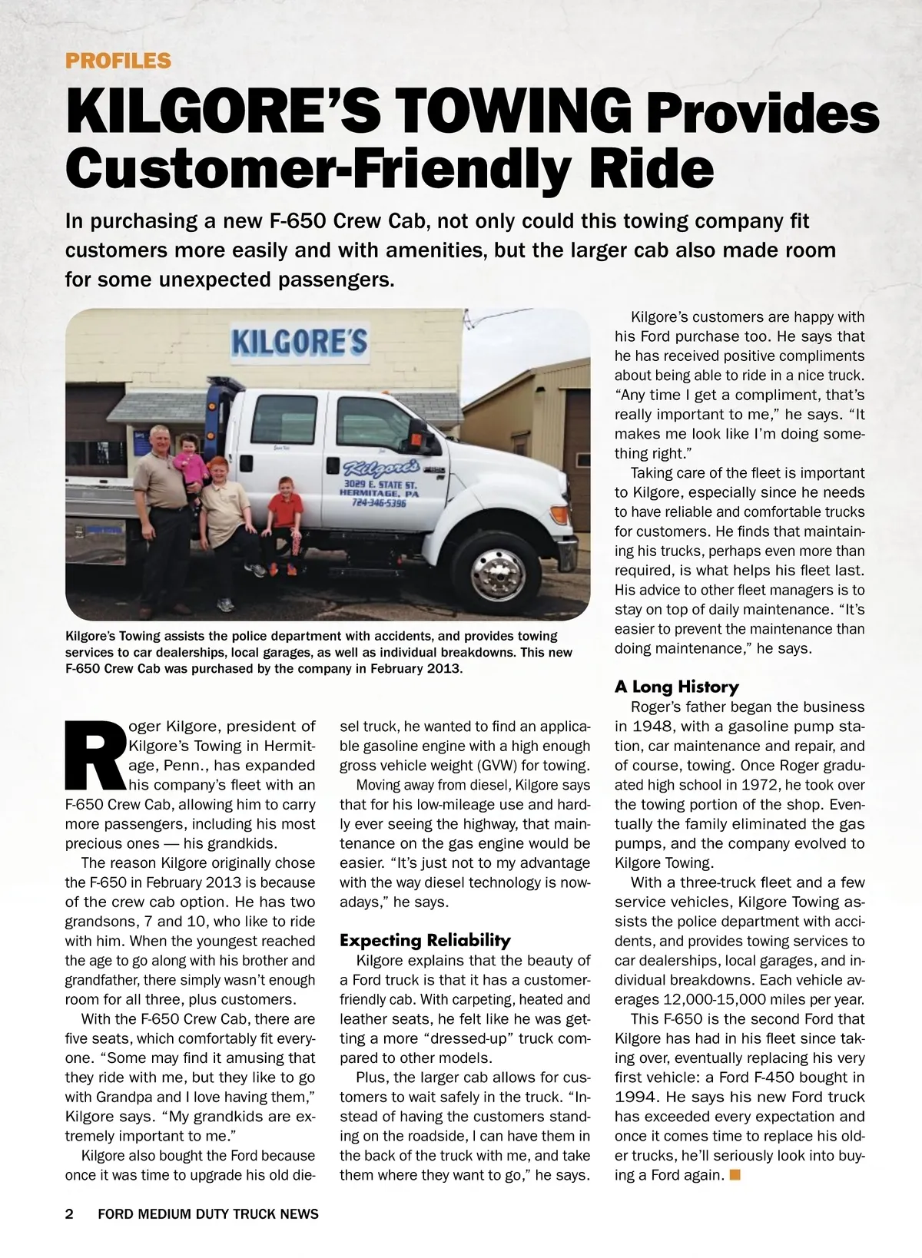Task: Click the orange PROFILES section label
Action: point(118,61)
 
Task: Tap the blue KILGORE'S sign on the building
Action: point(299,341)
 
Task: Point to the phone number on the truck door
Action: point(378,504)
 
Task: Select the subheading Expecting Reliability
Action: point(425,940)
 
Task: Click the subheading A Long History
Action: point(676,687)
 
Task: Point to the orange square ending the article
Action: point(735,1174)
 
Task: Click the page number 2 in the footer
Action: point(69,1214)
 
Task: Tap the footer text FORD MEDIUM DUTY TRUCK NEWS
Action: point(208,1214)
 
